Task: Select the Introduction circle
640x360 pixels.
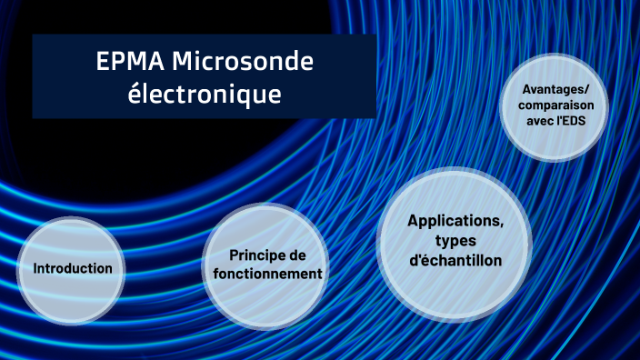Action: point(73,269)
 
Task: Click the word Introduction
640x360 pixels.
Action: point(73,269)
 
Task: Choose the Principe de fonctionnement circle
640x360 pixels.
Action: point(263,265)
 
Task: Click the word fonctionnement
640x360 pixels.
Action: point(263,274)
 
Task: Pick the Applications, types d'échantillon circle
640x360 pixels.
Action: point(455,241)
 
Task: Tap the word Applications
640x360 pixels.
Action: point(455,221)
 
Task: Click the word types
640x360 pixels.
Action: point(455,240)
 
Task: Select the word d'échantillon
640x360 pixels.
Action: point(455,260)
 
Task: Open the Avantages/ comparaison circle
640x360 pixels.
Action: point(555,109)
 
